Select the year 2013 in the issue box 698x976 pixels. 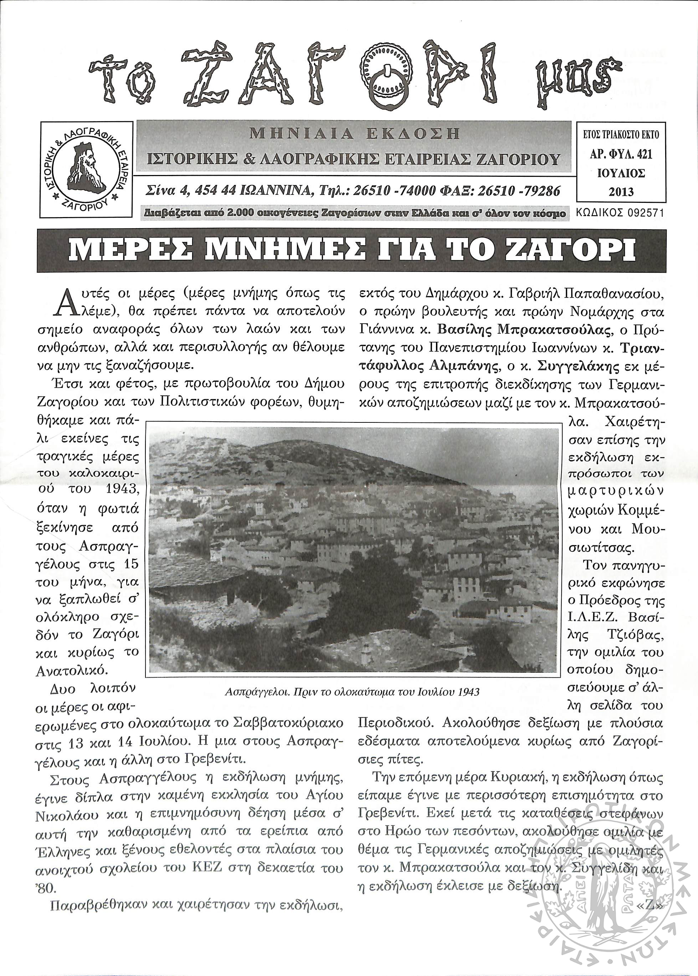click(x=621, y=192)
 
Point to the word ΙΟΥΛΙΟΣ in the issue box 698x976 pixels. click(x=621, y=173)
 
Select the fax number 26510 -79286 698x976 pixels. click(x=518, y=191)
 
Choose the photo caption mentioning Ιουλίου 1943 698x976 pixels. click(x=351, y=692)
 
